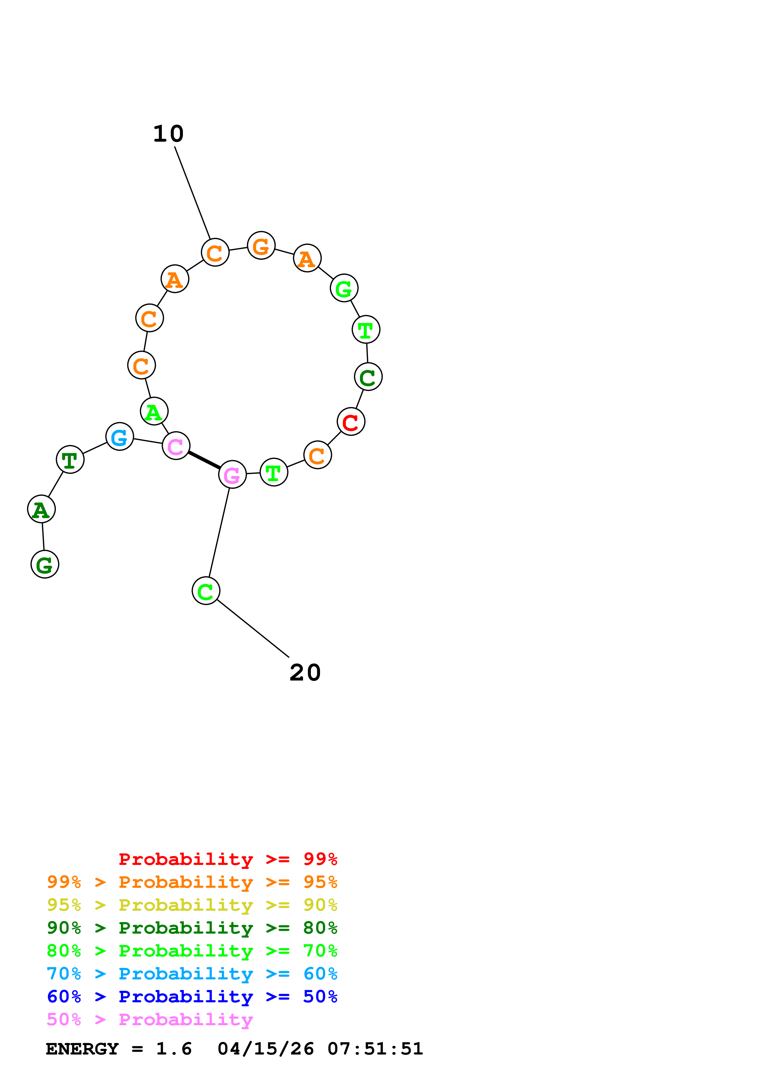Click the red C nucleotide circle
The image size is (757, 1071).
351,422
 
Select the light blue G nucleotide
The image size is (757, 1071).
120,437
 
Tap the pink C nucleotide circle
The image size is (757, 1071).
176,446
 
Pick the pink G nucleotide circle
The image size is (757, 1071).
232,474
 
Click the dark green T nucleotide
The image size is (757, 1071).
70,459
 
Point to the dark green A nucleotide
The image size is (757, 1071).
42,509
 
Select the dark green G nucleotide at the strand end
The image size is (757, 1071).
45,565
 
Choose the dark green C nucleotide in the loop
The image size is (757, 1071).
368,377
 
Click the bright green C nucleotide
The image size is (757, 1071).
206,591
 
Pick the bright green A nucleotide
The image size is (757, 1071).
154,412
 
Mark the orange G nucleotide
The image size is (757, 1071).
261,245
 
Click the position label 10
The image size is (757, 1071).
168,134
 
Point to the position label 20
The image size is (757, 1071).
305,673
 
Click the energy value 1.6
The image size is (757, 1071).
173,1049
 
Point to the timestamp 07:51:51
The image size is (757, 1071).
375,1049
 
